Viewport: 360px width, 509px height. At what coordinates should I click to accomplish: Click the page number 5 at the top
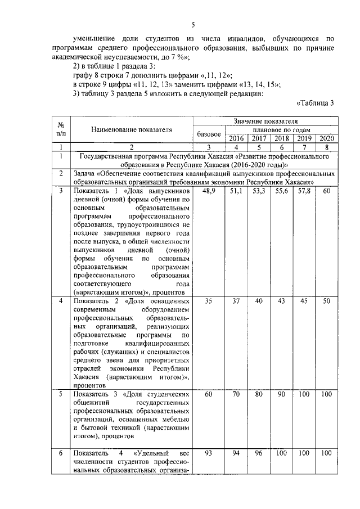pyautogui.click(x=192, y=25)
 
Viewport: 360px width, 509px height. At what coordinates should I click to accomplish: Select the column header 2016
pyautogui.click(x=236, y=138)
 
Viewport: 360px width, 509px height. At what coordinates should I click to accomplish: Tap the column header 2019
pyautogui.click(x=304, y=138)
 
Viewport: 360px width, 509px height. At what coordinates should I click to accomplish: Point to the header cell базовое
pyautogui.click(x=209, y=134)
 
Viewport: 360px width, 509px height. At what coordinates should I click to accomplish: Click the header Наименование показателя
pyautogui.click(x=131, y=129)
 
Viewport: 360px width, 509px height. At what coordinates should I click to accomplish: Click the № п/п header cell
pyautogui.click(x=60, y=129)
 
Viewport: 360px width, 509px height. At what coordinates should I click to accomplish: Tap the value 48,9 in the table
pyautogui.click(x=209, y=192)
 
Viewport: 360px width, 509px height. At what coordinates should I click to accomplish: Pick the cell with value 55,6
pyautogui.click(x=281, y=192)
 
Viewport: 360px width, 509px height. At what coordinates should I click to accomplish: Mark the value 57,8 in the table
pyautogui.click(x=304, y=192)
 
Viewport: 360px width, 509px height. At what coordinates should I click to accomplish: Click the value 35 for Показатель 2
pyautogui.click(x=209, y=302)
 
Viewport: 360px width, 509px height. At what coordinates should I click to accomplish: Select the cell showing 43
pyautogui.click(x=281, y=302)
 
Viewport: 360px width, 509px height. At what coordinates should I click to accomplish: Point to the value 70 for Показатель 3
pyautogui.click(x=236, y=395)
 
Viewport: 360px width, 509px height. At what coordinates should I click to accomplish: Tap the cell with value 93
pyautogui.click(x=209, y=453)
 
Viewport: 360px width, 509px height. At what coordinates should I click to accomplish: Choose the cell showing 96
pyautogui.click(x=259, y=453)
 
